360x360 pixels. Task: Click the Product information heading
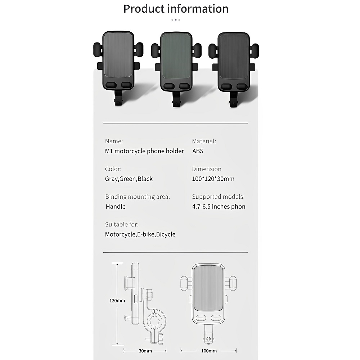pos(176,9)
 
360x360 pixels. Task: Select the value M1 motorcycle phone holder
pos(144,151)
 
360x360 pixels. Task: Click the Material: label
pos(204,141)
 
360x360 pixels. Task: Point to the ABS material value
pos(198,151)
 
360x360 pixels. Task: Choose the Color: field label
pos(113,169)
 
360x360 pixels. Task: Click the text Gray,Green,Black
pos(129,179)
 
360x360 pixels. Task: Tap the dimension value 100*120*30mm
pos(213,179)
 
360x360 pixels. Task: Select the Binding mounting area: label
pos(138,197)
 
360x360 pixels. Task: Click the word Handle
pos(116,207)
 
